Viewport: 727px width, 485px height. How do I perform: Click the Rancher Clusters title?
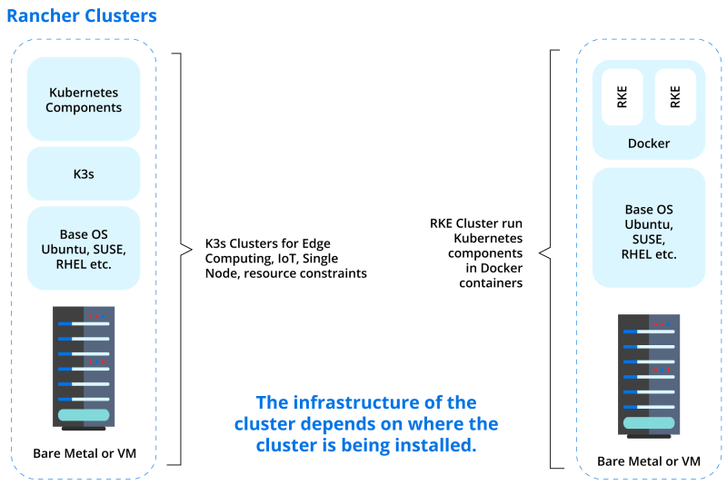81,17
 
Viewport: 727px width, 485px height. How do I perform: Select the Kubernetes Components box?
84,99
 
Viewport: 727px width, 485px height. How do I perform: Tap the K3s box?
84,173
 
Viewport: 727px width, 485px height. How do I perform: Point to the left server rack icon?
84,369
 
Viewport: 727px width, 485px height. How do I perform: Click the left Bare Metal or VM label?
84,452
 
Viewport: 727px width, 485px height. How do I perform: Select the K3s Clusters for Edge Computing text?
286,258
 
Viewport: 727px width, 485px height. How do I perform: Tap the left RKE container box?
622,98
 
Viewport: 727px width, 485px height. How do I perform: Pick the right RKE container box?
674,98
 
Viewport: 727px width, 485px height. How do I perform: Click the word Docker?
648,144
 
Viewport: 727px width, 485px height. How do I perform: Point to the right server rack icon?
648,374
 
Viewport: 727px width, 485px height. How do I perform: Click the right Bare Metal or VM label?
648,461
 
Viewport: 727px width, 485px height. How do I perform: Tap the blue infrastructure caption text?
365,424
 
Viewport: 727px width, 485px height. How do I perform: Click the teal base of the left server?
84,415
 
